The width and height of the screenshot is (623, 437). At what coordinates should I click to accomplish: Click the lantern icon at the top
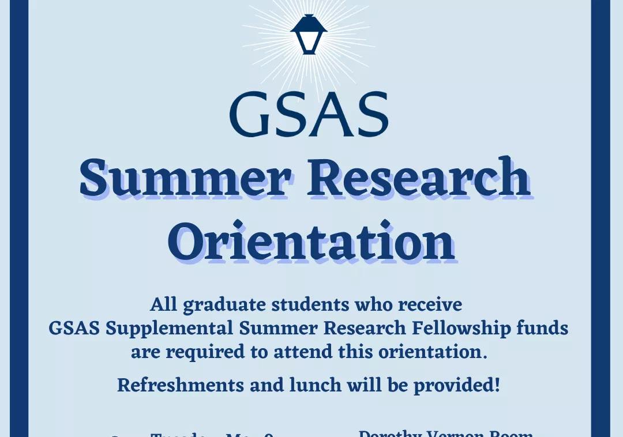(309, 34)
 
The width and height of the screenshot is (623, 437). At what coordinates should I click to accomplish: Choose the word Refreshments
(181, 385)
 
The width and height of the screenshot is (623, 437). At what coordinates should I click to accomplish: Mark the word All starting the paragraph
(163, 304)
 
